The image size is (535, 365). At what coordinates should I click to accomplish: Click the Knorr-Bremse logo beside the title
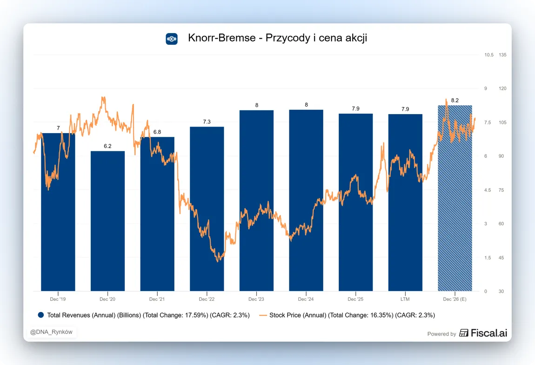(x=172, y=39)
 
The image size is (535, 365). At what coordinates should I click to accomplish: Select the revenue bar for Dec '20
(x=107, y=221)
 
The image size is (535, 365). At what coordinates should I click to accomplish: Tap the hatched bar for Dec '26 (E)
(x=455, y=198)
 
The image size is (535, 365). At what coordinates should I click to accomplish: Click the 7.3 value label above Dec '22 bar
(x=207, y=122)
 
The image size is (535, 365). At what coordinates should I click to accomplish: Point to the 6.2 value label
(x=107, y=146)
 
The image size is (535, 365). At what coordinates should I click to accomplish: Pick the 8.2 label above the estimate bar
(x=455, y=101)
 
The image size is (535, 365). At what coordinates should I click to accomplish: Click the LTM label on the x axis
(x=405, y=299)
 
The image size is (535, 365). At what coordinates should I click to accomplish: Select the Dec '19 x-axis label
(x=58, y=299)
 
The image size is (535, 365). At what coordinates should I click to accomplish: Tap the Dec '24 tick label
(x=306, y=299)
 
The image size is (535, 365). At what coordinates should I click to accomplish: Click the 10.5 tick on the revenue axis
(x=489, y=54)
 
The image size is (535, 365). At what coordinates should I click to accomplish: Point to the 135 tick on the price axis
(x=502, y=54)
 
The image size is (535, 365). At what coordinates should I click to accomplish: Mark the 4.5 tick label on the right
(x=488, y=190)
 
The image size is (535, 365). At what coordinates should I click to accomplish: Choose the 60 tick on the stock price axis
(x=501, y=224)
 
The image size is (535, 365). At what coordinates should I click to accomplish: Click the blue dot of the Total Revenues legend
(x=41, y=315)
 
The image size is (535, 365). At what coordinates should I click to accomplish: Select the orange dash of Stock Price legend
(x=263, y=315)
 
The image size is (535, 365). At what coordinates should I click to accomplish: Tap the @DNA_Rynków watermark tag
(x=51, y=332)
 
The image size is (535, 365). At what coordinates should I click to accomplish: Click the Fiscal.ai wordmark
(x=489, y=333)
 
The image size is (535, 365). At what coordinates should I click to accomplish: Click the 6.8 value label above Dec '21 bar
(x=157, y=132)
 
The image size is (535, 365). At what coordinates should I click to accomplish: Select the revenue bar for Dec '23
(x=257, y=201)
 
